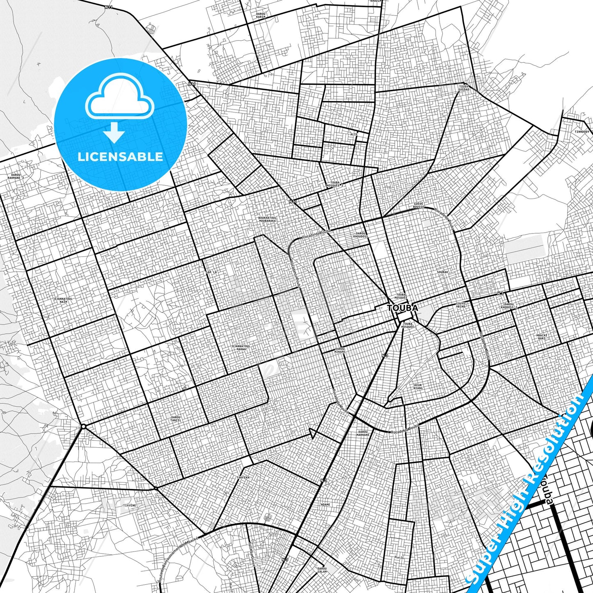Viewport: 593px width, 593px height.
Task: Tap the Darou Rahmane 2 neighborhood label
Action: coord(16,176)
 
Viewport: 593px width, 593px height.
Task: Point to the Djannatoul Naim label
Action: coord(63,300)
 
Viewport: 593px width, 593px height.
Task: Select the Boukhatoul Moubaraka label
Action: coord(267,219)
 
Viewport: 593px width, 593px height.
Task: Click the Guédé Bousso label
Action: coord(419,205)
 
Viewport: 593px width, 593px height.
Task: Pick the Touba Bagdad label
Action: coord(464,88)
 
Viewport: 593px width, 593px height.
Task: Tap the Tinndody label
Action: coord(582,132)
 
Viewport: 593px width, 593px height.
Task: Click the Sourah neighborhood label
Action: coord(442,272)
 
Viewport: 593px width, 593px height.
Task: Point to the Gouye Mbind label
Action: coord(461,305)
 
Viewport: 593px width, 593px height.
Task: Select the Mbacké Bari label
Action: coord(542,337)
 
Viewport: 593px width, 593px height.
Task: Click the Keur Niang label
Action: coord(418,386)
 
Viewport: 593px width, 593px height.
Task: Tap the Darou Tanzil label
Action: coord(176,419)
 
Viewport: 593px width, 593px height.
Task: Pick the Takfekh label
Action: coord(243,478)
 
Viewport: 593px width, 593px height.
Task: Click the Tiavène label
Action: coord(130,505)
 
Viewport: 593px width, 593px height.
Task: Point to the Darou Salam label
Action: coord(322,570)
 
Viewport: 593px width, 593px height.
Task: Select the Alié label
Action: coord(354,134)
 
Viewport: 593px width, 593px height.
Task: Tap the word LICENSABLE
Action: coord(120,157)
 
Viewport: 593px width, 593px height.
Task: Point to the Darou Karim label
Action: coord(261,16)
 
